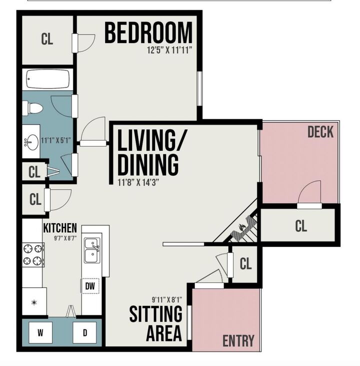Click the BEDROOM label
pyautogui.click(x=148, y=33)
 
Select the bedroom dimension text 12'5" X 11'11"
pyautogui.click(x=169, y=50)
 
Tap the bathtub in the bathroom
pyautogui.click(x=47, y=79)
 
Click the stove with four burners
pyautogui.click(x=33, y=254)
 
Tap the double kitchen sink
pyautogui.click(x=91, y=250)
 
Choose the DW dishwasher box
pyautogui.click(x=90, y=286)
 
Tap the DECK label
pyautogui.click(x=320, y=132)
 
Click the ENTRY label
pyautogui.click(x=238, y=341)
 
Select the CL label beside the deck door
pyautogui.click(x=300, y=226)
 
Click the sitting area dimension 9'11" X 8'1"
pyautogui.click(x=167, y=300)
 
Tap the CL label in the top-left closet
pyautogui.click(x=47, y=39)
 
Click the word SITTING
pyautogui.click(x=156, y=314)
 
